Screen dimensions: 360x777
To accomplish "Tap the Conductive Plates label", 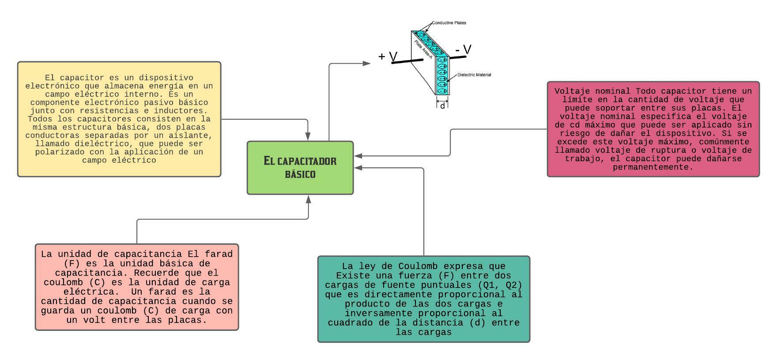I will (x=449, y=23).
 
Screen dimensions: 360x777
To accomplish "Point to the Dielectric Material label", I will (x=474, y=75).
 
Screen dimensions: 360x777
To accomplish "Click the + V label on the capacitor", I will (x=388, y=57).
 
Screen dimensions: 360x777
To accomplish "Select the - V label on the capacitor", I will (x=464, y=50).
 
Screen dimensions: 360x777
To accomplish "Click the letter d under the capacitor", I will (x=443, y=106).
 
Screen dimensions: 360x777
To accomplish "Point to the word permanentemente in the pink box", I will (x=653, y=167).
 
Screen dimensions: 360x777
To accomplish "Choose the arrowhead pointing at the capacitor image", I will (x=367, y=64).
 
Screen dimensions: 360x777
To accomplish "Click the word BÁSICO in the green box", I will (x=300, y=174).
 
